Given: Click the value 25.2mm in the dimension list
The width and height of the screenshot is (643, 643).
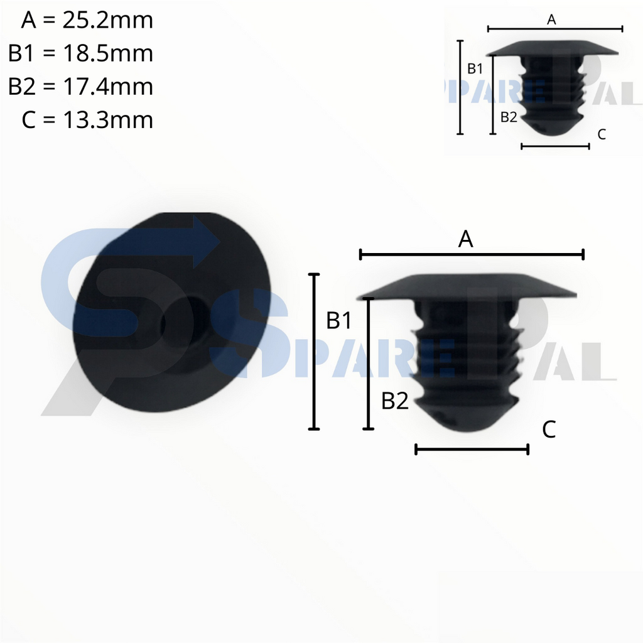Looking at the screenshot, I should click(x=107, y=21).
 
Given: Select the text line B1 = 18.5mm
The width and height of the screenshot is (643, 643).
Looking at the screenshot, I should click(x=80, y=53).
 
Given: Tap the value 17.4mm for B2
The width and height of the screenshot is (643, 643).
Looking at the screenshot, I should click(x=107, y=86).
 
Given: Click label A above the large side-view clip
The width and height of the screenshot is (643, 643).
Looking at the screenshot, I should click(x=465, y=239).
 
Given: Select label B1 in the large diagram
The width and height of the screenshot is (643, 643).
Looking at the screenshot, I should click(x=338, y=321).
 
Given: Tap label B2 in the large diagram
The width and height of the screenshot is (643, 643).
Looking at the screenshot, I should click(x=395, y=401).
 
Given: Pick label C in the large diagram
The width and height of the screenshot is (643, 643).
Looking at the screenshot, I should click(x=548, y=430).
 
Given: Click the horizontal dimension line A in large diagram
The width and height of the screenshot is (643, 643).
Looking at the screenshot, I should click(x=472, y=254).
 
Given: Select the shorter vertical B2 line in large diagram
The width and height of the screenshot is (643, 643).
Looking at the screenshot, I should click(x=369, y=364).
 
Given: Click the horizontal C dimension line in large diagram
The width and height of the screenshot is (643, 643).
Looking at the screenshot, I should click(x=472, y=449).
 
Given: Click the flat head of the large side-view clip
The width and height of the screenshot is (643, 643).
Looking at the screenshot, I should click(x=468, y=286).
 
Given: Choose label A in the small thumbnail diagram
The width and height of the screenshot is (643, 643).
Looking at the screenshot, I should click(x=551, y=19).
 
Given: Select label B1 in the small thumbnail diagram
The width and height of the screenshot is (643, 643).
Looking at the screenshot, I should click(x=475, y=68).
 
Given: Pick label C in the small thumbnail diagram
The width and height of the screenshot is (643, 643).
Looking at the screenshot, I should click(x=601, y=134).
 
